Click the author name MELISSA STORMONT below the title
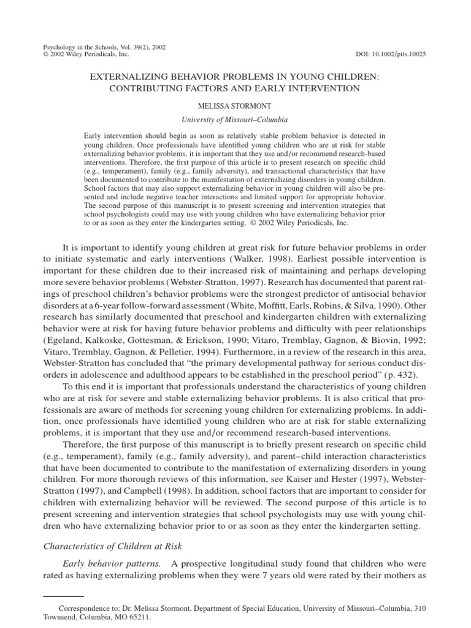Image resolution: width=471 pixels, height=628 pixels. click(235, 105)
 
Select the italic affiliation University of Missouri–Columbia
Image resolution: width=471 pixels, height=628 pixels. click(235, 120)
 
